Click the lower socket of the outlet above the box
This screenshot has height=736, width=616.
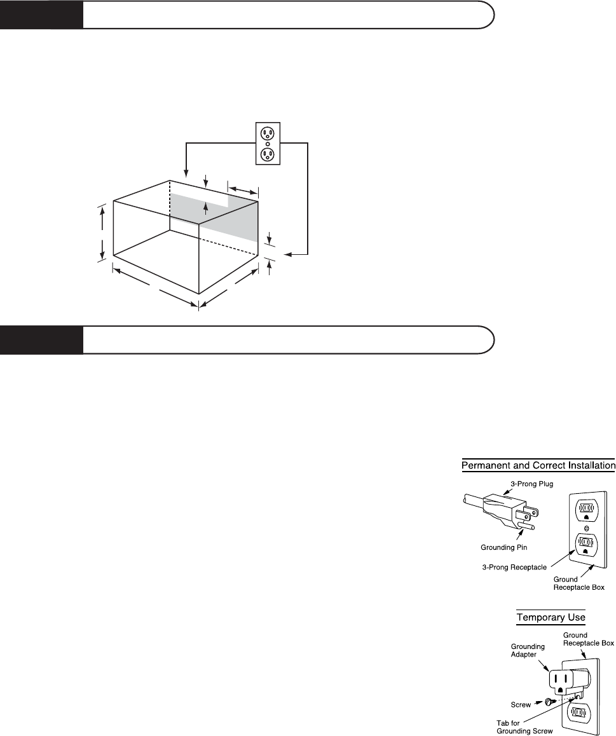point(268,154)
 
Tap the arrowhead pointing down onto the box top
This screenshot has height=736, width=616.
point(185,172)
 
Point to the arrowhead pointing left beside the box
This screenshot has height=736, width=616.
point(287,255)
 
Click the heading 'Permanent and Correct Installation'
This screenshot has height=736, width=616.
point(538,466)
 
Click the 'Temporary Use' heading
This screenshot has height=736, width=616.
point(551,617)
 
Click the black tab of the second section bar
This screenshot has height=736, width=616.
point(41,339)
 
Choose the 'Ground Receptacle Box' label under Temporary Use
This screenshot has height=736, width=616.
point(590,639)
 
